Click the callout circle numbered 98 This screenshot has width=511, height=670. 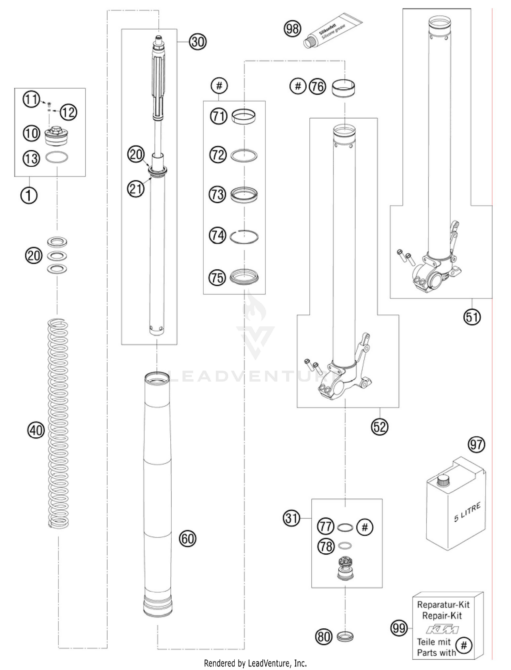(x=292, y=29)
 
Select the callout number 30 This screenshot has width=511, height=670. (x=198, y=42)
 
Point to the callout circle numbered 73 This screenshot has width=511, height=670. (x=217, y=195)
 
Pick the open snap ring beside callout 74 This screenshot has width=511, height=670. (x=244, y=236)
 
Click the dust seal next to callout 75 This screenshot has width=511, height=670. (x=244, y=277)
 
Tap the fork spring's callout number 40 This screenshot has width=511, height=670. (x=36, y=430)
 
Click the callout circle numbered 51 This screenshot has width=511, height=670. (x=472, y=317)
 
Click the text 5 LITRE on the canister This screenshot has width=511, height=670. (x=467, y=512)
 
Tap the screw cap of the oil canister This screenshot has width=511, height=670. (x=443, y=482)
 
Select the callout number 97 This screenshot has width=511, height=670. (x=476, y=444)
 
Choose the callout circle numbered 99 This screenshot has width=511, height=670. (x=399, y=628)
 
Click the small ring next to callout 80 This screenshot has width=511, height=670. (x=345, y=636)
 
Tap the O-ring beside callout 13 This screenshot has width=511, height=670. (x=57, y=158)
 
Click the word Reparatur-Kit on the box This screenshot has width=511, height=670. (x=443, y=605)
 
